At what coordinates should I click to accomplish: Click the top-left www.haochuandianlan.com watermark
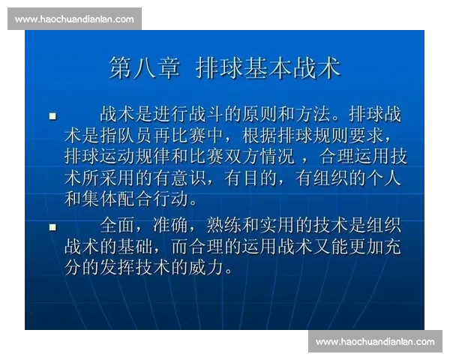click(x=74, y=19)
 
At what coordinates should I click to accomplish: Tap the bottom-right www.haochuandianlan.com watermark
click(x=375, y=342)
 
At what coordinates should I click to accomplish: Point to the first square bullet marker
click(x=52, y=116)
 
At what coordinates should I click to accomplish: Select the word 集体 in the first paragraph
click(x=102, y=201)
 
